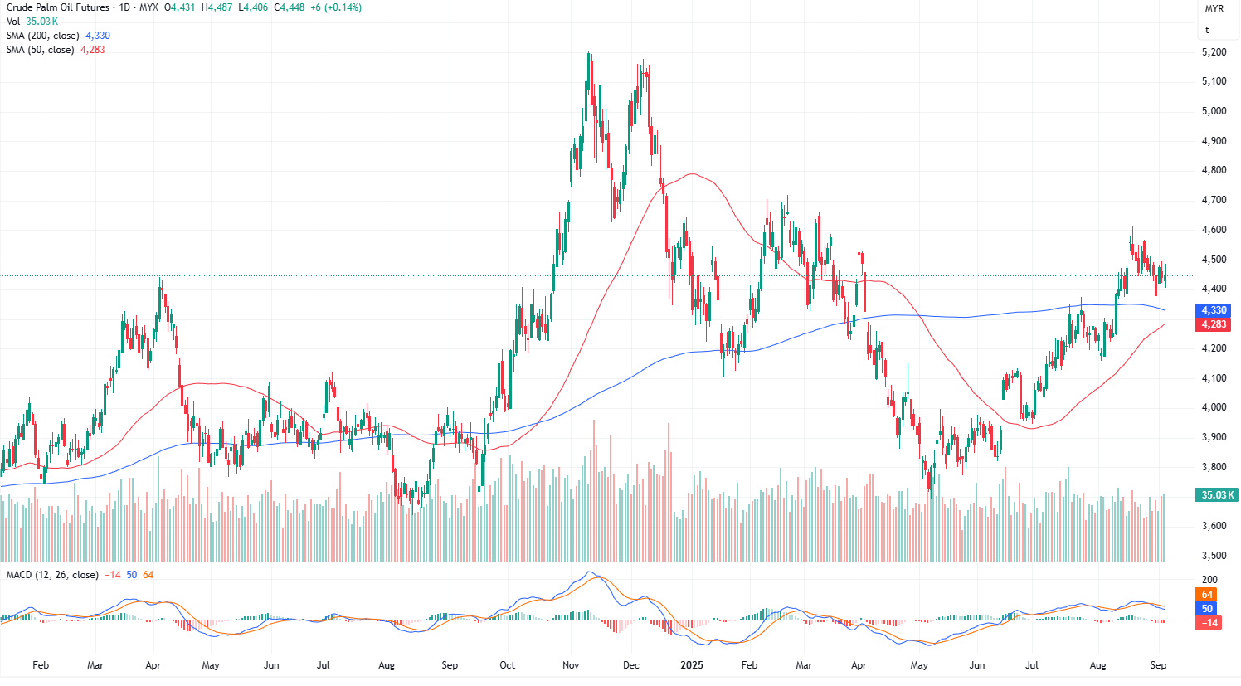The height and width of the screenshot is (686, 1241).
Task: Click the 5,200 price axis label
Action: click(x=1214, y=52)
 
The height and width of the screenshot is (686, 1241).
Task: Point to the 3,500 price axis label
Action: click(x=1214, y=556)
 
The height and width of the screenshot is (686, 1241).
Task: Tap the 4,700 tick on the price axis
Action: click(x=1214, y=200)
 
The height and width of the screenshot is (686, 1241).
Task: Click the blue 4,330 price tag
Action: click(x=1214, y=310)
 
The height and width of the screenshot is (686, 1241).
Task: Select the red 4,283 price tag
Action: click(x=1214, y=324)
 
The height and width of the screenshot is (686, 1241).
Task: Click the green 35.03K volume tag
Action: click(x=1215, y=495)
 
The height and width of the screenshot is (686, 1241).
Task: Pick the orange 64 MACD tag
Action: click(x=1207, y=595)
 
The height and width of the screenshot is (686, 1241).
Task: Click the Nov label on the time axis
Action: click(x=571, y=665)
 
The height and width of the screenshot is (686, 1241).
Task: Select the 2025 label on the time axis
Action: click(x=691, y=665)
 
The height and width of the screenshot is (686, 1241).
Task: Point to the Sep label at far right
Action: click(x=1159, y=665)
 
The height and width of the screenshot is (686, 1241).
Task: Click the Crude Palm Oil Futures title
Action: click(x=58, y=7)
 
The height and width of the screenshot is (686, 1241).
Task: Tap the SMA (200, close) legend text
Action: click(x=43, y=36)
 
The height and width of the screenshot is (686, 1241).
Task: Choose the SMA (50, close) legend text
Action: click(x=40, y=50)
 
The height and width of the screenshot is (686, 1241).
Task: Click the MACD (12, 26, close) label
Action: click(x=52, y=575)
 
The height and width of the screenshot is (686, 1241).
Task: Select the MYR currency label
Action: click(x=1214, y=9)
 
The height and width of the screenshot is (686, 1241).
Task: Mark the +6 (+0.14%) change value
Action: click(x=336, y=7)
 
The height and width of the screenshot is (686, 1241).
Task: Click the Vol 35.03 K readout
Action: click(x=32, y=22)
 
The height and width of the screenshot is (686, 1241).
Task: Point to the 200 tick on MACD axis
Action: click(x=1209, y=580)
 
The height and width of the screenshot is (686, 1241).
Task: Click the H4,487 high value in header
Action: click(x=217, y=7)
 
